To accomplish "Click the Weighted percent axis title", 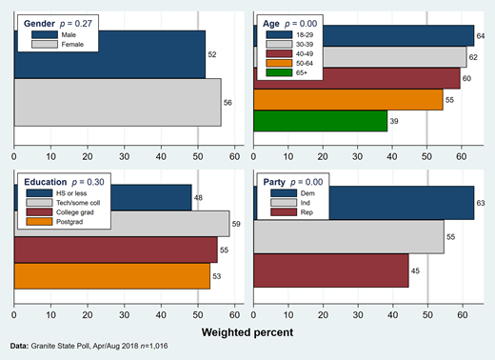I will coord(247,331).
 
